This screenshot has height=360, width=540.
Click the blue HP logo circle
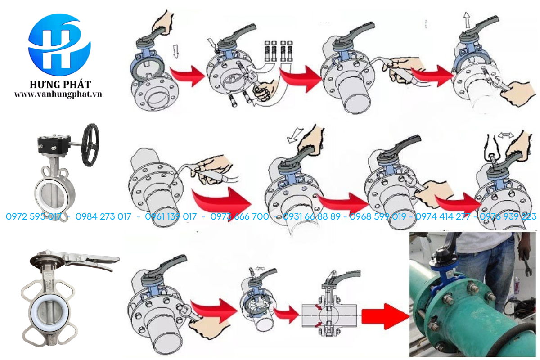(59, 45)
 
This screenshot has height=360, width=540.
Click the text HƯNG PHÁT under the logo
(60, 85)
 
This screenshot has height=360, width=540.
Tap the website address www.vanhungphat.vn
(58, 94)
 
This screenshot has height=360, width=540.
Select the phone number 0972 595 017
(34, 216)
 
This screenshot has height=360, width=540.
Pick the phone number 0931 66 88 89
(312, 216)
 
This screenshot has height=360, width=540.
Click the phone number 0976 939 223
(508, 216)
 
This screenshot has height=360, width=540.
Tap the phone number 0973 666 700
(239, 216)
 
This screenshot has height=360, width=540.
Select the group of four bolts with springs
(279, 51)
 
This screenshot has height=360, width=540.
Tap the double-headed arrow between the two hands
(505, 136)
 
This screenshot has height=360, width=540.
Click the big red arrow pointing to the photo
(386, 316)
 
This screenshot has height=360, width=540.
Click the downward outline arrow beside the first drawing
(176, 51)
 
